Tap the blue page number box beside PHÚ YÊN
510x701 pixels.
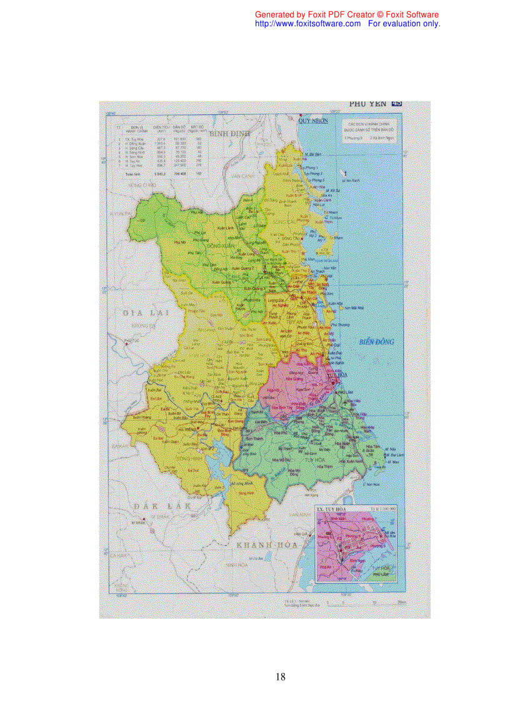[x=396, y=104]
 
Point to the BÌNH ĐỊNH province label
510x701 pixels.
[x=229, y=134]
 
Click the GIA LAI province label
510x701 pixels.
[x=143, y=312]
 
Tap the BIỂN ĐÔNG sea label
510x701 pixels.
[x=377, y=341]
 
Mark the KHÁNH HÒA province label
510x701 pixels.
[x=263, y=545]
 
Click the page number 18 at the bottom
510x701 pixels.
[x=280, y=677]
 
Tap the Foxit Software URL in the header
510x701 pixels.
[x=308, y=24]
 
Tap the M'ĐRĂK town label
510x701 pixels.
[x=136, y=521]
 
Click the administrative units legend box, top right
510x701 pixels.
[x=368, y=130]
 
